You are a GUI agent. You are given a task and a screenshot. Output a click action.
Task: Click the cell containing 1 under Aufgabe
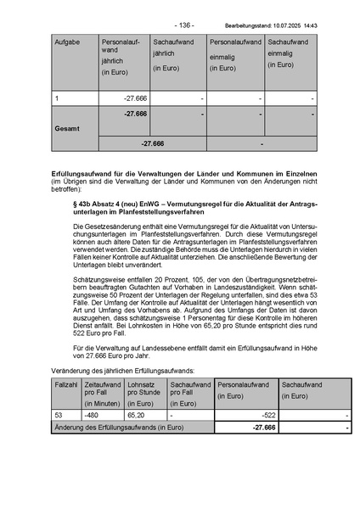pos(57,98)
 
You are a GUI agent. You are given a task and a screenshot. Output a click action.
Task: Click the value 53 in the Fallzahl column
pos(59,415)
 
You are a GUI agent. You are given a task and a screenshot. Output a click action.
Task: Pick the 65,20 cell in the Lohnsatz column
pos(137,415)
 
